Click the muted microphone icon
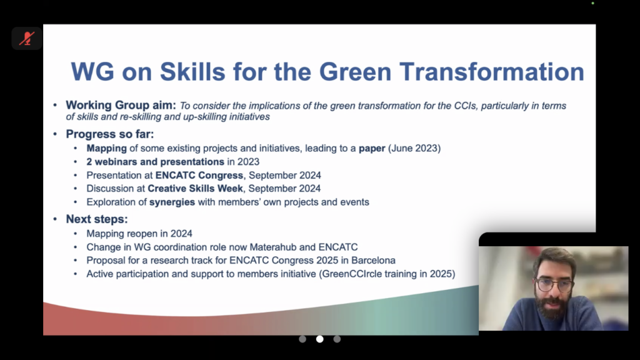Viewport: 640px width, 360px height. pos(27,39)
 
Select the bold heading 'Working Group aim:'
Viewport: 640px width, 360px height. pos(121,105)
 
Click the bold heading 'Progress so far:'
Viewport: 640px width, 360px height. pos(110,134)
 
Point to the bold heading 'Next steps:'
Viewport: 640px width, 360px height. pos(97,219)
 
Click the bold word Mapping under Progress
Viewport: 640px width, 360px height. pos(106,149)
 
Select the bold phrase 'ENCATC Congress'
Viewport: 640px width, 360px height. pos(199,175)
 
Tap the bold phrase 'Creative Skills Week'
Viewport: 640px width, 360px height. pos(195,189)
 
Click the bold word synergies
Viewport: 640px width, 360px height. pos(172,202)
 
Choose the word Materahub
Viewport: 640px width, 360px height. pos(273,247)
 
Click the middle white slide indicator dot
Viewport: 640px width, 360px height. pos(319,339)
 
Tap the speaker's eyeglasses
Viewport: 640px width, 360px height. pos(554,284)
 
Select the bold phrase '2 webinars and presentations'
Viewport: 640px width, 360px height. pos(155,162)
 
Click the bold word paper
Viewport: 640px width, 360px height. pos(372,149)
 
